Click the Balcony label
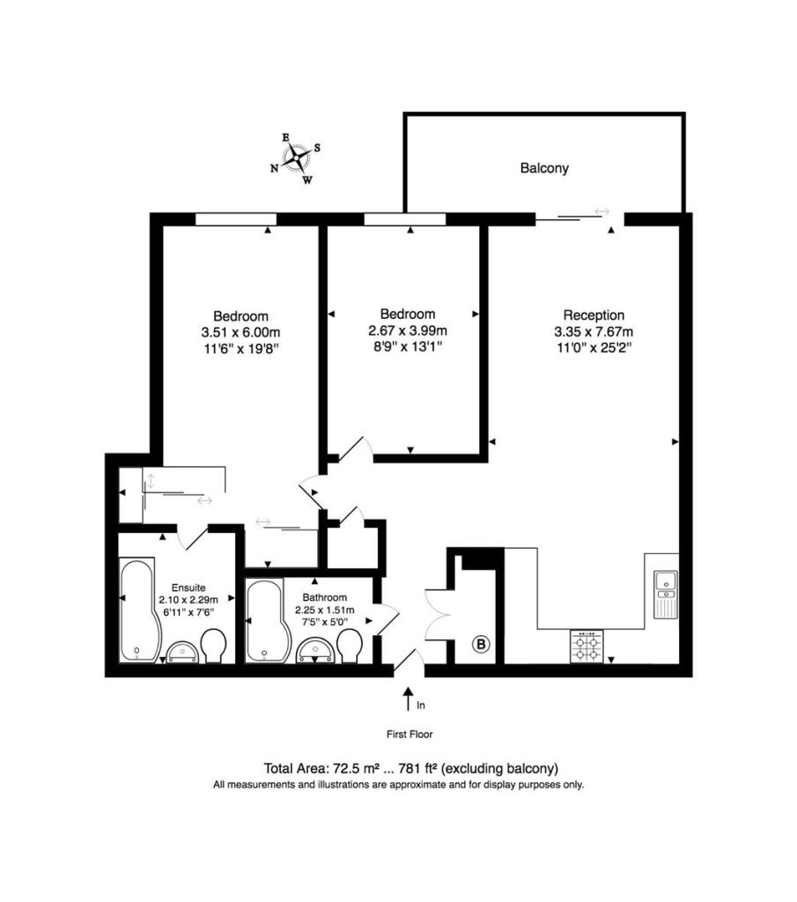point(544,167)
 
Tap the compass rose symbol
point(300,159)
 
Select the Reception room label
point(594,315)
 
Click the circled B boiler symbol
point(482,644)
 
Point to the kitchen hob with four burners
point(588,647)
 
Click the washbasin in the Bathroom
point(314,649)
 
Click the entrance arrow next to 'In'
point(408,699)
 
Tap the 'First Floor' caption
point(410,734)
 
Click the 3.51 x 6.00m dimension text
point(240,332)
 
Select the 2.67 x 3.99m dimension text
point(408,330)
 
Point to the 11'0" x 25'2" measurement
point(594,348)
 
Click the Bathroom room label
point(326,595)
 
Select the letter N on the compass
point(275,168)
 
